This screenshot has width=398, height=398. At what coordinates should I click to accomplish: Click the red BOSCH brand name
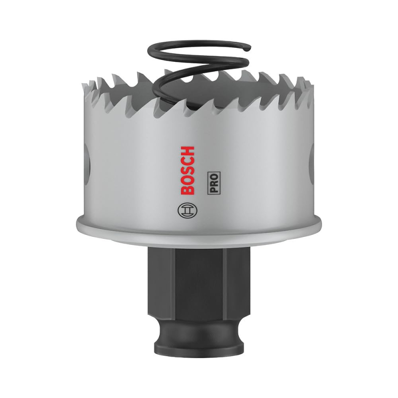[x=186, y=171]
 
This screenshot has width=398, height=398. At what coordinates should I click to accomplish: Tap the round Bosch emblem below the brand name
[x=187, y=210]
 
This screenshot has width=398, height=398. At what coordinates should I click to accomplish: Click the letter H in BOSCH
[x=187, y=151]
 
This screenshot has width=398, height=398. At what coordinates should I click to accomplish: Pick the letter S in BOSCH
[x=187, y=171]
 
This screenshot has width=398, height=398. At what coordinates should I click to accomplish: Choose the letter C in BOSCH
[x=187, y=161]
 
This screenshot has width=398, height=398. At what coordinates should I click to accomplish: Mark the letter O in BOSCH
[x=187, y=182]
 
